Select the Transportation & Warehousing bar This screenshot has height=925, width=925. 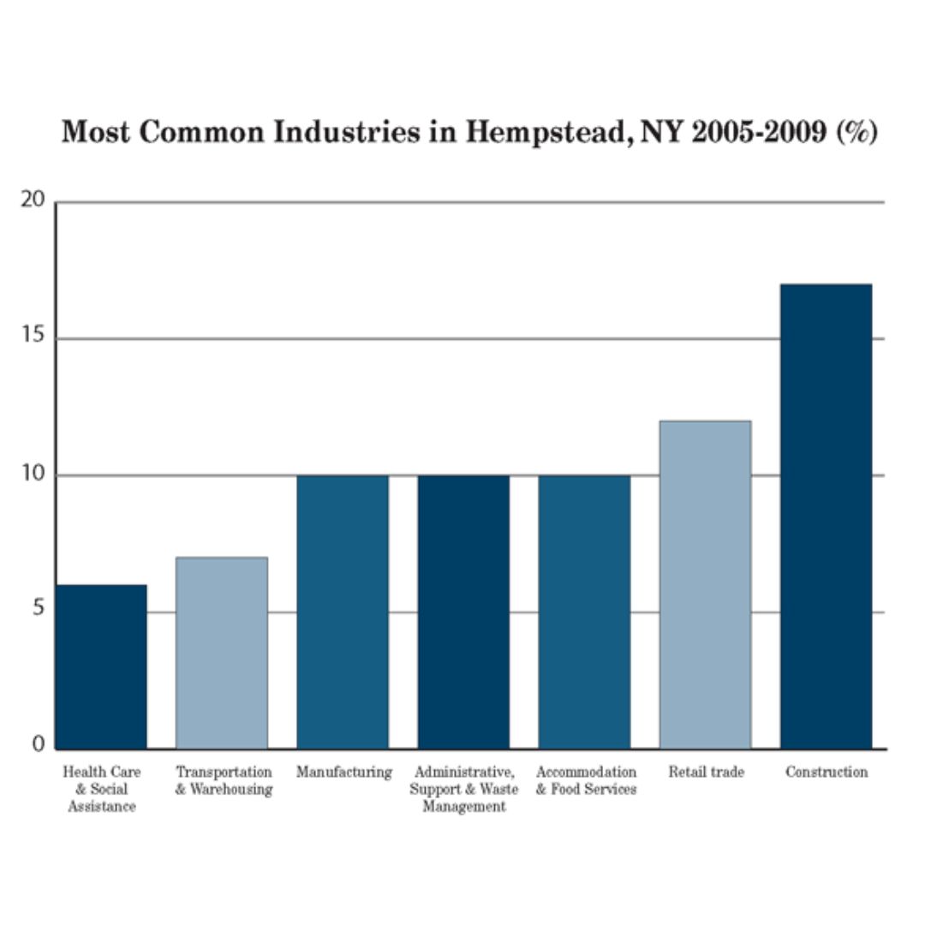tap(222, 653)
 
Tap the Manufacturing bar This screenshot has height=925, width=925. tap(343, 612)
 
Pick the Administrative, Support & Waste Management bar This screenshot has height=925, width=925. tap(463, 612)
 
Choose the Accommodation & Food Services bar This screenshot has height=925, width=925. tap(584, 612)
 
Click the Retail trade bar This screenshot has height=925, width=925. tap(705, 584)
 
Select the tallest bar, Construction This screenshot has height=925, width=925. tap(826, 516)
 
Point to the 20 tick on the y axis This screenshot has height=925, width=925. tap(33, 200)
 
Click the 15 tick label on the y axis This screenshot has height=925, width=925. tap(33, 337)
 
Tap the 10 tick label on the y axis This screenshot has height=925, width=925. tap(33, 474)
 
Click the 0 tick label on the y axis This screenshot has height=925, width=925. tap(38, 745)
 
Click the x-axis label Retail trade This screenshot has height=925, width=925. tap(706, 773)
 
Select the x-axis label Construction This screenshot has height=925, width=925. tap(827, 773)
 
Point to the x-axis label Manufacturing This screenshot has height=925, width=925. tap(343, 773)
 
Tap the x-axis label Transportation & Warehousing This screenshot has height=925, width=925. tap(224, 780)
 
